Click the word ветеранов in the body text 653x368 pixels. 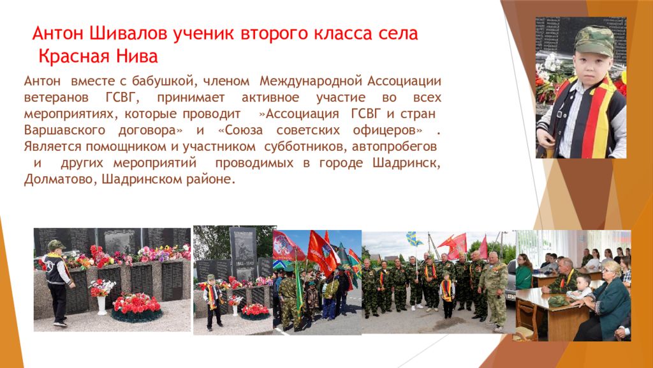point(56,98)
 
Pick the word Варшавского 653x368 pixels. point(64,130)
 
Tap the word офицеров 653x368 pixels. point(387,130)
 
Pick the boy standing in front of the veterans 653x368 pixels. point(447,295)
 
